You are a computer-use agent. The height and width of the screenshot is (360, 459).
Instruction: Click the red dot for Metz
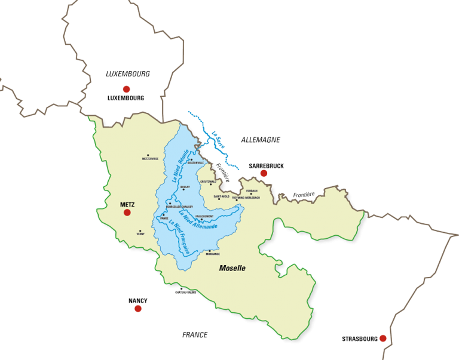[127, 212]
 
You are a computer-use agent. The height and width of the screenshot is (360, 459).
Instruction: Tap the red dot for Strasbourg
[382, 339]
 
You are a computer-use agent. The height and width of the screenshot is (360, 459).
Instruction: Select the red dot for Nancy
[138, 309]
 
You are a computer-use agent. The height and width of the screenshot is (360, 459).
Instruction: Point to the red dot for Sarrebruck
[264, 173]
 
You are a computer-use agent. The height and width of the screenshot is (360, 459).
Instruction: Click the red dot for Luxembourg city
[126, 89]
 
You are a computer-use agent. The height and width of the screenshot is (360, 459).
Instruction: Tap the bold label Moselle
[232, 269]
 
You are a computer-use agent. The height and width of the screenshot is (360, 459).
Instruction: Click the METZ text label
[127, 204]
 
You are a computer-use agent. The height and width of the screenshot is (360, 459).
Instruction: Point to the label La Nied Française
[179, 238]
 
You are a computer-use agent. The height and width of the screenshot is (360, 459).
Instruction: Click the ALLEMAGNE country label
[261, 139]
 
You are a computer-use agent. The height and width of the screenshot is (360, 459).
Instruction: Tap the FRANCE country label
[195, 335]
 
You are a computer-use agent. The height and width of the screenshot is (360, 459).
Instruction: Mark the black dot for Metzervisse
[151, 155]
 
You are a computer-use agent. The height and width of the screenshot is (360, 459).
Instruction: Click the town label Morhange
[213, 254]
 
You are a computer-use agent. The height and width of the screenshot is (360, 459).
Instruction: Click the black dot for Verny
[140, 230]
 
